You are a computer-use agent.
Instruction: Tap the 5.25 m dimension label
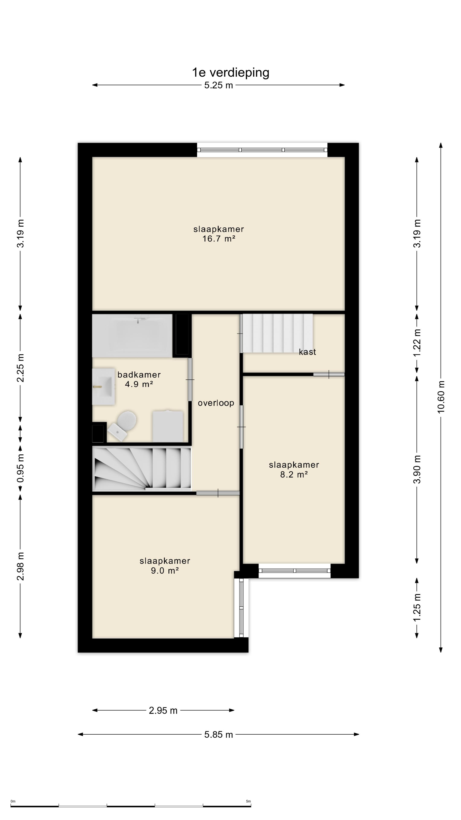[x=219, y=85]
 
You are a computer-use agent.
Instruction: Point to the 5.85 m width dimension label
[x=219, y=735]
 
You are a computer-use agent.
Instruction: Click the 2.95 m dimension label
[x=163, y=710]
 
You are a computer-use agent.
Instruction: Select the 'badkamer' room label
[x=139, y=375]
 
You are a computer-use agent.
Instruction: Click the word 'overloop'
[x=216, y=403]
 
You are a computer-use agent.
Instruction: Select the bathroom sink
[x=103, y=387]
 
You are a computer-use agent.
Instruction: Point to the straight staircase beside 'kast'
[x=276, y=333]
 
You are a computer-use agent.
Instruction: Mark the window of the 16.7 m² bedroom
[x=262, y=150]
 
